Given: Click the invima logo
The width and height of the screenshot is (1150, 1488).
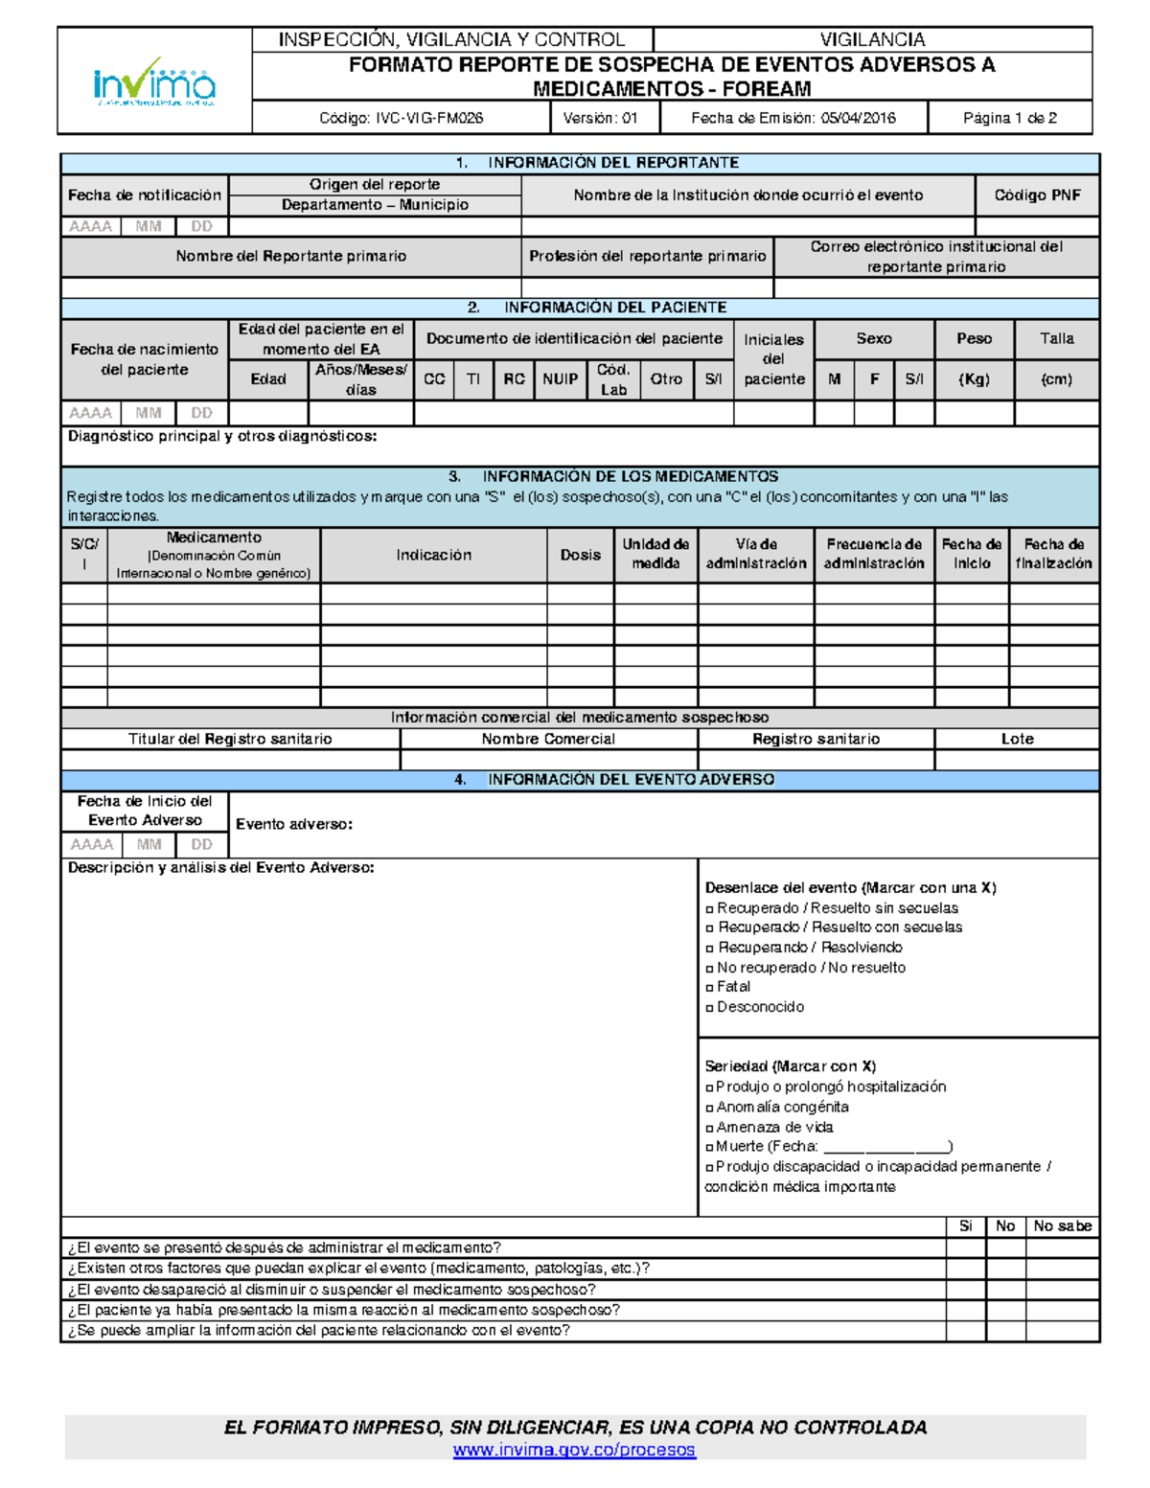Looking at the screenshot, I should [154, 82].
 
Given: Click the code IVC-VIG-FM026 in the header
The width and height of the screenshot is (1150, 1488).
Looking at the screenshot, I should [401, 118].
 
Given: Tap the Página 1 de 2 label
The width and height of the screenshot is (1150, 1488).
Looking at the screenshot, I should [1009, 118].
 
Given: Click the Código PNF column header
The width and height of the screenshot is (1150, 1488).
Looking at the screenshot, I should [1037, 195].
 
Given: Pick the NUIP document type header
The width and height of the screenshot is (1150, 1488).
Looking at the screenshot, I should [560, 379].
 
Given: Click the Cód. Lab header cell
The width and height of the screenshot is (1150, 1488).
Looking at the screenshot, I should [612, 379].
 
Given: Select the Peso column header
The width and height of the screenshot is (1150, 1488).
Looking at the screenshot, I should [974, 339].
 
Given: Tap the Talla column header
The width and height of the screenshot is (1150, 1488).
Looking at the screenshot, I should [1056, 339].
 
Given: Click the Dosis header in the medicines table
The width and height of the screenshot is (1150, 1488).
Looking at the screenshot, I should [581, 555].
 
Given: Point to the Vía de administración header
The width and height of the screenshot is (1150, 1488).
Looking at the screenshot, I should [756, 554].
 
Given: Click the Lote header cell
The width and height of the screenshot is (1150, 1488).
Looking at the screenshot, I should [1017, 739].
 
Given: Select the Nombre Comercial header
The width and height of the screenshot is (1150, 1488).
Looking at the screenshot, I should [548, 739].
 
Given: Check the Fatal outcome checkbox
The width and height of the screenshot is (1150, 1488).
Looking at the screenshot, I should [710, 987].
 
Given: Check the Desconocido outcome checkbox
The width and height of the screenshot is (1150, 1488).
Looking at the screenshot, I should [710, 1007].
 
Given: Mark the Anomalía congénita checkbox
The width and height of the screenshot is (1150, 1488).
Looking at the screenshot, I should [710, 1108].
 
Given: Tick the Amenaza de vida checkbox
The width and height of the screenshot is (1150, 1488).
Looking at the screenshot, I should [710, 1128].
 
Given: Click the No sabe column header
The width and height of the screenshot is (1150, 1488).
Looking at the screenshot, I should [1062, 1226].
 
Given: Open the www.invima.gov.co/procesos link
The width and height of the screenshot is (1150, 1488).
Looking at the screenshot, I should [574, 1450].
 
